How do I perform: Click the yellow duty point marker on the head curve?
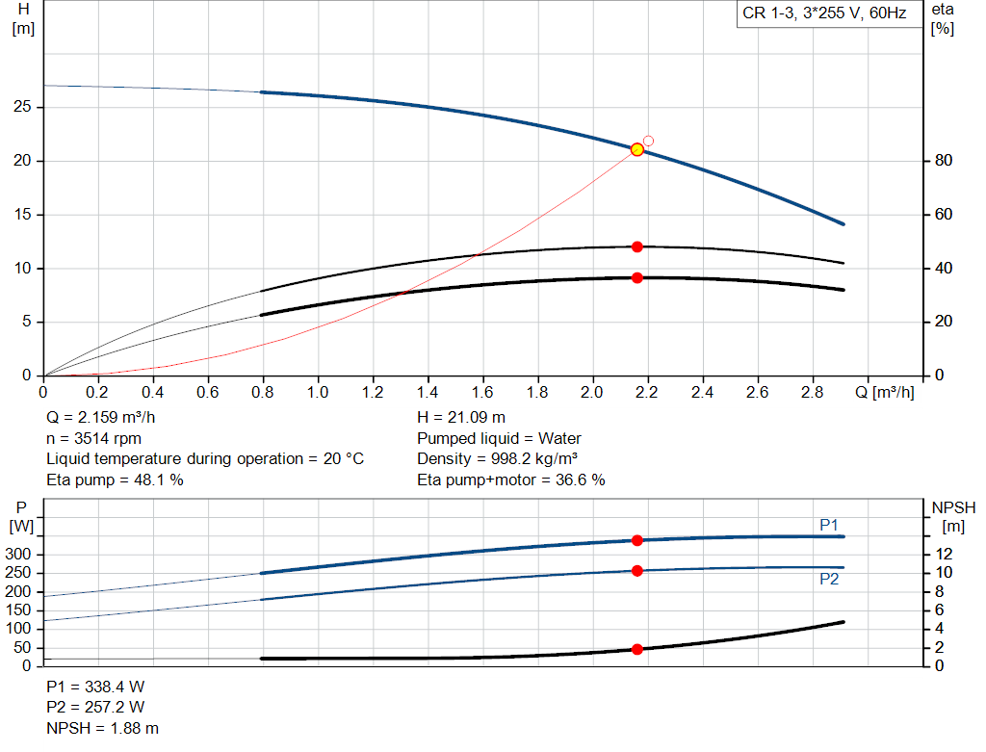point(636,149)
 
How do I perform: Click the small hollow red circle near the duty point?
point(648,141)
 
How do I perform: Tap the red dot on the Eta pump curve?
point(636,246)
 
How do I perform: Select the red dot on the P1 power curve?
point(636,540)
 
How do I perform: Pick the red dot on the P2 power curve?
point(636,571)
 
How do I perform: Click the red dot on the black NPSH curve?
point(636,649)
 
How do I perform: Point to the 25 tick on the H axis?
point(23,107)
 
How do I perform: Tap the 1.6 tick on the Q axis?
point(482,393)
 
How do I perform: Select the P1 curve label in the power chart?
point(828,525)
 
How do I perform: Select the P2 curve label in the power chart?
point(828,579)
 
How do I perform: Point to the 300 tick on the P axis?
point(21,555)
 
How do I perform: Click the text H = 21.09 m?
point(460,418)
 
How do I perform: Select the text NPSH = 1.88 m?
point(103,728)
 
